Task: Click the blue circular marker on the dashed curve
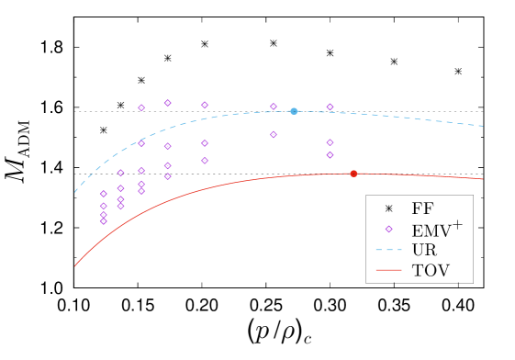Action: click(294, 111)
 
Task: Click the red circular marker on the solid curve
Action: click(353, 174)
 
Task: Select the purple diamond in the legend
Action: click(388, 229)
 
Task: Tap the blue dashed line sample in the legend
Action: click(388, 250)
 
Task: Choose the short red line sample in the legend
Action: click(388, 270)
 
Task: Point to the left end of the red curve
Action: click(75, 265)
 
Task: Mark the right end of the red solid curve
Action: click(483, 179)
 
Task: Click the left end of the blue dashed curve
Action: click(75, 192)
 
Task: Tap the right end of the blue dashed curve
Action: click(483, 126)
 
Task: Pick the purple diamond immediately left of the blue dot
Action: click(273, 107)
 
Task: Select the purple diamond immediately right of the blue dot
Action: click(330, 107)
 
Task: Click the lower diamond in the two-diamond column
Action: click(274, 135)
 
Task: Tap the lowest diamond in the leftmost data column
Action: click(103, 221)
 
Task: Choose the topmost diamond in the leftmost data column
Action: click(103, 194)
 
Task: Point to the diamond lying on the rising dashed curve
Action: click(141, 143)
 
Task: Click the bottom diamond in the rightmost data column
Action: click(330, 155)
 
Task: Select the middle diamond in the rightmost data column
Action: click(330, 142)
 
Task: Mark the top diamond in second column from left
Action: click(120, 173)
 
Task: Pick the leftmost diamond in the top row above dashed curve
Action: click(141, 107)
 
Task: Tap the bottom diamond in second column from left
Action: click(120, 206)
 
